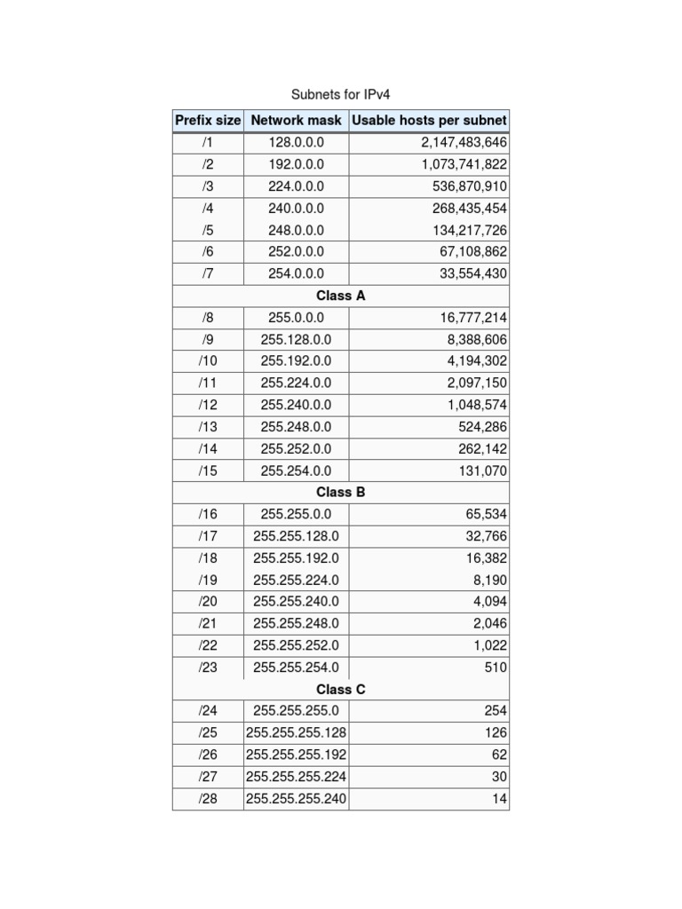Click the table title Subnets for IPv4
point(341,94)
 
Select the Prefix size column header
point(208,120)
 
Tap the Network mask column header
point(297,120)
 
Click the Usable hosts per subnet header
point(430,120)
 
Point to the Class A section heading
point(341,296)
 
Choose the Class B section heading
point(341,492)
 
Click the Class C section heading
point(341,689)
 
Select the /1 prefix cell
point(208,142)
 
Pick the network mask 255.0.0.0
point(297,318)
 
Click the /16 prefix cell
point(208,514)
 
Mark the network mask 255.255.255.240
point(297,799)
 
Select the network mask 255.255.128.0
point(297,536)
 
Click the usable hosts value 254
point(496,711)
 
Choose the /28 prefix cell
point(208,799)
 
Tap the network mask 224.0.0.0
point(297,186)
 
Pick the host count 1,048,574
point(478,405)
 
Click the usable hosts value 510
point(496,668)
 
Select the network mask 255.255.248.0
point(297,623)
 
